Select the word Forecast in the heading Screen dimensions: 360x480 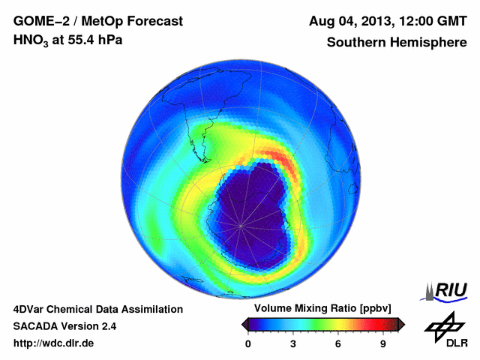tap(153, 20)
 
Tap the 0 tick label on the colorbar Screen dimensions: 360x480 tap(248, 343)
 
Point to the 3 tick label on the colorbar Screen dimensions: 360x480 tap(293, 343)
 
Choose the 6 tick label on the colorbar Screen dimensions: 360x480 tap(338, 343)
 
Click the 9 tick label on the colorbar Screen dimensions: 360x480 tap(383, 343)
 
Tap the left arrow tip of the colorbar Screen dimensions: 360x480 tap(242, 324)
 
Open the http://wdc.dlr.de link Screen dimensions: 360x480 tap(54, 343)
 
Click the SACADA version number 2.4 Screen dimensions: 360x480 tap(106, 326)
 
